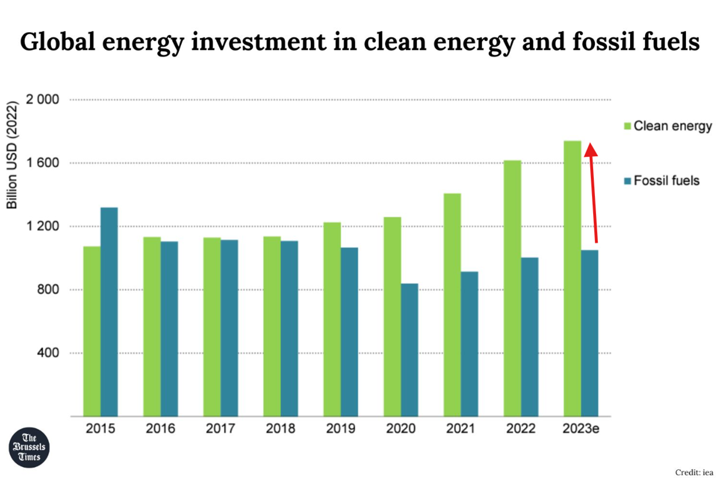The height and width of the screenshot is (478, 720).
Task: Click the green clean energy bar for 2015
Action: [x=92, y=331]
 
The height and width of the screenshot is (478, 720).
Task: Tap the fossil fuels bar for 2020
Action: [x=409, y=350]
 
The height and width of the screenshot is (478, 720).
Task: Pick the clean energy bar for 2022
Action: [x=512, y=288]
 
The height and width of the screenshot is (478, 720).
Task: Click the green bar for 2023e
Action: [x=572, y=279]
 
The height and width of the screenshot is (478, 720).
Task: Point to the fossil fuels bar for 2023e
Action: [x=590, y=333]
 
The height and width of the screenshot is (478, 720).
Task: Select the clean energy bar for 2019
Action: [x=332, y=319]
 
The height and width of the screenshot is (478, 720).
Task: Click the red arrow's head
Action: [x=590, y=149]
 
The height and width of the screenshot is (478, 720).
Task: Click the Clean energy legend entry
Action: [x=667, y=126]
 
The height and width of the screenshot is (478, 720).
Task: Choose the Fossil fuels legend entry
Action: [x=661, y=180]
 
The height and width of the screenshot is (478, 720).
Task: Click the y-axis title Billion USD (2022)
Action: [x=13, y=154]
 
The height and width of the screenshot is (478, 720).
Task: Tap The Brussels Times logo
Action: [x=30, y=446]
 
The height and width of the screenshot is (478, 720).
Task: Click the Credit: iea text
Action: [x=695, y=471]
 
